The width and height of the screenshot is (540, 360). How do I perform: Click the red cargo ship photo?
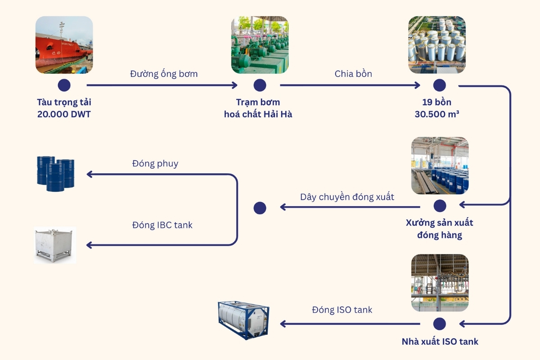[x=64, y=45]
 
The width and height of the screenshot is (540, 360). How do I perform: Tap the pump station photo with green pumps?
[x=260, y=45]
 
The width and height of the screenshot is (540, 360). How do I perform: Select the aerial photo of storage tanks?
[x=436, y=45]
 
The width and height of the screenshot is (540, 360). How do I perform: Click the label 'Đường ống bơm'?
[x=164, y=74]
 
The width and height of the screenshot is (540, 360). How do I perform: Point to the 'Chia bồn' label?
[x=353, y=74]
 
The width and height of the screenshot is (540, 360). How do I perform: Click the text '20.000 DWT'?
[x=64, y=114]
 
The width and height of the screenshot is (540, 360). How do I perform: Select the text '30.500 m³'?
[x=437, y=114]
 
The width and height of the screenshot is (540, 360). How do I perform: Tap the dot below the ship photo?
[x=64, y=85]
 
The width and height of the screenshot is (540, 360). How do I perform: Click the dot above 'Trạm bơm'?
[x=260, y=85]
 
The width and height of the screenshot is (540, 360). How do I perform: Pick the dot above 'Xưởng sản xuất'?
[x=440, y=206]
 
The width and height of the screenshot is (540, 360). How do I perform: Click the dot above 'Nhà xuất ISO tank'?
[x=440, y=324]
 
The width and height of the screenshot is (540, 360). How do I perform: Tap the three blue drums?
[x=55, y=173]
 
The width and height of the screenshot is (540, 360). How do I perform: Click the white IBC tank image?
[x=55, y=245]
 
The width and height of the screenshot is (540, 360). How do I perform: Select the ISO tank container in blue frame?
[x=243, y=320]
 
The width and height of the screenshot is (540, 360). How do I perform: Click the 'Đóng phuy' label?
[x=155, y=163]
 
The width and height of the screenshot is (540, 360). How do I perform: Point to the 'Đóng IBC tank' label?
[x=162, y=225]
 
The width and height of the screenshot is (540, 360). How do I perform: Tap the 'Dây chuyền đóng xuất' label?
[x=347, y=197]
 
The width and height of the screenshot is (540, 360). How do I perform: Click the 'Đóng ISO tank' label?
[x=342, y=310]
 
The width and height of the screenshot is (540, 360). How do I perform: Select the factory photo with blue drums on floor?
[x=440, y=166]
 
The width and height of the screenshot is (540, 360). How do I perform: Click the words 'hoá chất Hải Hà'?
[x=258, y=114]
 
